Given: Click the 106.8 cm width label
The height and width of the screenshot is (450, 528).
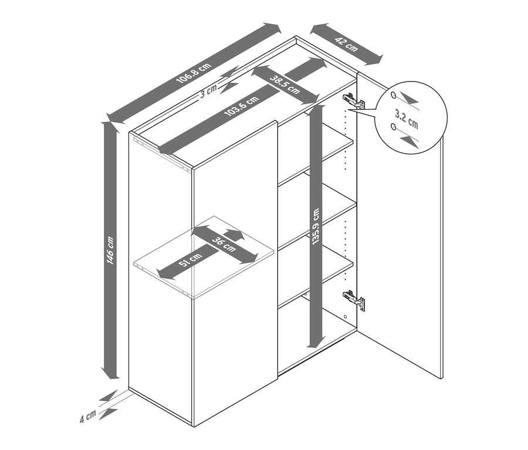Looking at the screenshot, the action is tap(194, 73).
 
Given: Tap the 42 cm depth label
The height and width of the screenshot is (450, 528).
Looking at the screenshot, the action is tap(346, 45).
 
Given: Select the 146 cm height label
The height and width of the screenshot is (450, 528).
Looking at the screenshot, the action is tap(111, 251).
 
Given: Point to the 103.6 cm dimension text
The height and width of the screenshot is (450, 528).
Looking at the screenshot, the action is tap(242, 106).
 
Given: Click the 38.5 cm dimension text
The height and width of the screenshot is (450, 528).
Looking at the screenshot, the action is tap(285, 84).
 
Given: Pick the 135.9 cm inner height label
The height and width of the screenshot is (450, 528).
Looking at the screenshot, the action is tap(316, 226).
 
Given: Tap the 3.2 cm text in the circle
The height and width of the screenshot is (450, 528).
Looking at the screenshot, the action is tap(407, 120).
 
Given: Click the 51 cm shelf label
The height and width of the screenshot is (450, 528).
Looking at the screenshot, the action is tap(191, 260).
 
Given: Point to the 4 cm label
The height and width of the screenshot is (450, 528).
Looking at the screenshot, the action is tap(88, 417).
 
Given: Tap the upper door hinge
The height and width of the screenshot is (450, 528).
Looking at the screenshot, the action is tap(353, 101).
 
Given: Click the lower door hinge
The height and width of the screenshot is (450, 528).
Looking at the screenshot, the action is tap(354, 299).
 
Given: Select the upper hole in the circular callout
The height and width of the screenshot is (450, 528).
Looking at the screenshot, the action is tap(393, 95).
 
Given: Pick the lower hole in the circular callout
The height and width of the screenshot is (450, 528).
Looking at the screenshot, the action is tap(393, 127).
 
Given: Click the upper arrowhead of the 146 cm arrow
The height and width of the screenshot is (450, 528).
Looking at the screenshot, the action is tap(110, 127).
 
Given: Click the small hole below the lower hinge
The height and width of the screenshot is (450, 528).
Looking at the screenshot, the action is tap(346, 317).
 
